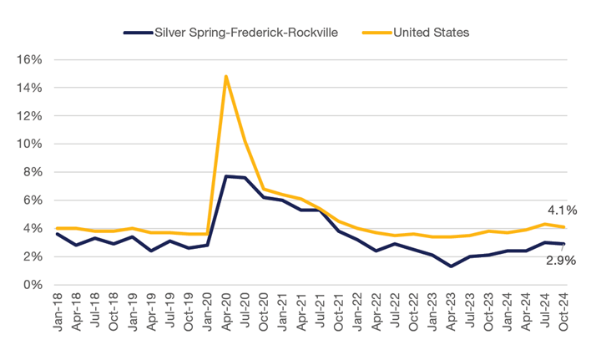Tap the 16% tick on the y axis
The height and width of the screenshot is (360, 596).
[x=30, y=59]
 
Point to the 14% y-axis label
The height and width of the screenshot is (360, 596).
[x=30, y=88]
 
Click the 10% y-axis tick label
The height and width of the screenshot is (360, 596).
[x=30, y=144]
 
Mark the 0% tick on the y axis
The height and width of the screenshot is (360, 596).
[x=33, y=285]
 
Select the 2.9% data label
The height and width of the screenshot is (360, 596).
[x=559, y=261]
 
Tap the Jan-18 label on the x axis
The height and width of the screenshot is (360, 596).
[x=57, y=313]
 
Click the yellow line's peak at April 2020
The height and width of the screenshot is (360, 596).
[x=226, y=77]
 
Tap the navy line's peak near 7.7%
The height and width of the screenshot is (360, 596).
[x=226, y=176]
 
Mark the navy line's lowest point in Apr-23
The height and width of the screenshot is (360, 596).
[x=452, y=266]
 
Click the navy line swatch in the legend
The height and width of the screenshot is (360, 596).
[x=136, y=33]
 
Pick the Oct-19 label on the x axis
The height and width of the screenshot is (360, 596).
[x=189, y=313]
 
